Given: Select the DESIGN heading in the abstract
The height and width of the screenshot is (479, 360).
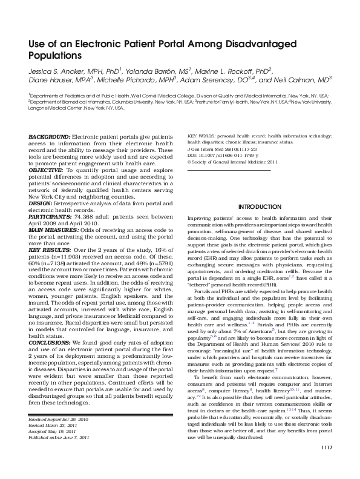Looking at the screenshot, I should click(40, 204).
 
